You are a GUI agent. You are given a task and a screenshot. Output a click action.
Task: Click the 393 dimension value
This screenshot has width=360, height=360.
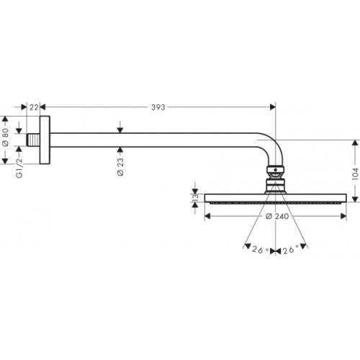pyautogui.click(x=158, y=107)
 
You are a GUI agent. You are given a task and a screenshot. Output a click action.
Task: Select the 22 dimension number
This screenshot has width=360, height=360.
pyautogui.click(x=34, y=107)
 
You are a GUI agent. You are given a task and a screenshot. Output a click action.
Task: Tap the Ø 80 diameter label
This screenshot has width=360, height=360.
pyautogui.click(x=7, y=133)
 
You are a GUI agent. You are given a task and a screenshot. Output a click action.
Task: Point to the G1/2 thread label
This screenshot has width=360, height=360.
pyautogui.click(x=7, y=167)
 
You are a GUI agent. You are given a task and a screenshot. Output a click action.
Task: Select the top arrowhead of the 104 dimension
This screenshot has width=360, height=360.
pyautogui.click(x=354, y=143)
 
